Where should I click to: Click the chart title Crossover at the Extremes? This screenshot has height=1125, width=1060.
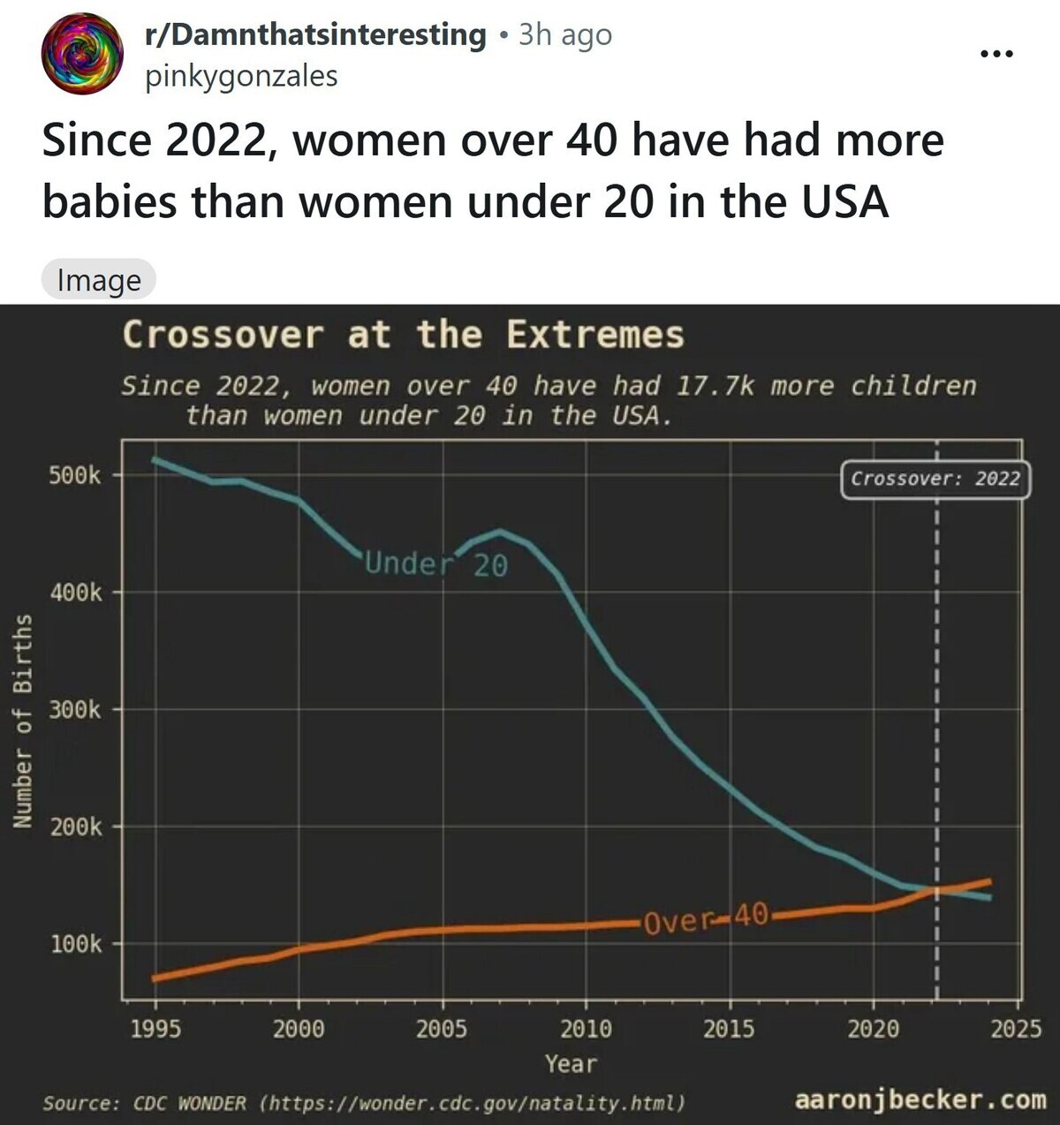click(x=403, y=336)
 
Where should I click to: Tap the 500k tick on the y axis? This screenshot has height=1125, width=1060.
click(x=75, y=476)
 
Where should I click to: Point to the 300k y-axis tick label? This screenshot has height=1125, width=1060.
click(x=75, y=710)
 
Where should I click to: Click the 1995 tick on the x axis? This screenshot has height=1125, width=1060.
click(x=155, y=1029)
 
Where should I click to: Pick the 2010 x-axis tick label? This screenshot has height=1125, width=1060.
click(x=586, y=1029)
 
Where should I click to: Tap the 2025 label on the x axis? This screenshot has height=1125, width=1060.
click(x=1016, y=1029)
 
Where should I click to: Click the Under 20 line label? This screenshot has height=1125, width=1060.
click(x=436, y=564)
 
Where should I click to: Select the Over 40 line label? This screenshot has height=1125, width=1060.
click(x=706, y=918)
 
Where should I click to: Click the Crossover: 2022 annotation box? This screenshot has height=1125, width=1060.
click(x=935, y=479)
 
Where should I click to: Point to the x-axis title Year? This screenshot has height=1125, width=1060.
click(x=571, y=1064)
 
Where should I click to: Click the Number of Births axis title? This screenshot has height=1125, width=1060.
click(x=23, y=721)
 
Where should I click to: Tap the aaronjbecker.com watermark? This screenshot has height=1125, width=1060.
click(x=920, y=1100)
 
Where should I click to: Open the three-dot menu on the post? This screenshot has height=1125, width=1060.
click(x=996, y=54)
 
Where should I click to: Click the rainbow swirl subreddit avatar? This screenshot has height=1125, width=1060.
click(x=82, y=54)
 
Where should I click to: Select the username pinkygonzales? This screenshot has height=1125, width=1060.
click(x=241, y=77)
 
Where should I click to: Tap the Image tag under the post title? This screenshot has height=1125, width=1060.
click(x=99, y=280)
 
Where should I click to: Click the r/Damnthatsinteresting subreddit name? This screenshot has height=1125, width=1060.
click(x=315, y=34)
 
